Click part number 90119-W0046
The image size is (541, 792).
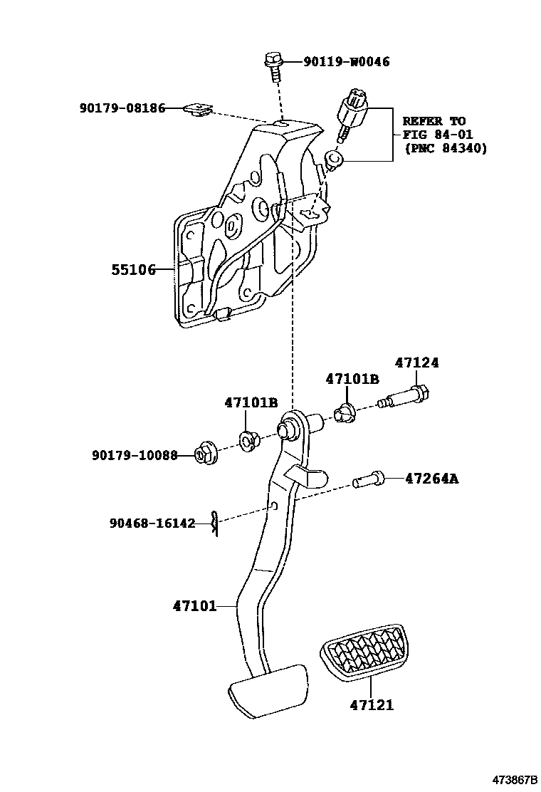pos(347,62)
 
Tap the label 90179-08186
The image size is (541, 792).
pos(122,108)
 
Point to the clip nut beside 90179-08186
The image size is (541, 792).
pos(198,109)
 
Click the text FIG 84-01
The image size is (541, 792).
pos(438,135)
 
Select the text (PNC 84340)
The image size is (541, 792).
pos(445,148)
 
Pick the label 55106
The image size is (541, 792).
pos(133,270)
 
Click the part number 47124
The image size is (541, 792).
pos(416,363)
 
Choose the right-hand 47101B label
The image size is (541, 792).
pos(352,379)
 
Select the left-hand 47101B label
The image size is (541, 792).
pos(251,402)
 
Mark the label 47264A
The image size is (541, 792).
pos(431,479)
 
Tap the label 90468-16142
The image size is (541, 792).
pos(152,523)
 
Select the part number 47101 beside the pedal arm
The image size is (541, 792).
pos(194,607)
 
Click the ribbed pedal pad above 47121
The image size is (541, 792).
pos(364,652)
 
